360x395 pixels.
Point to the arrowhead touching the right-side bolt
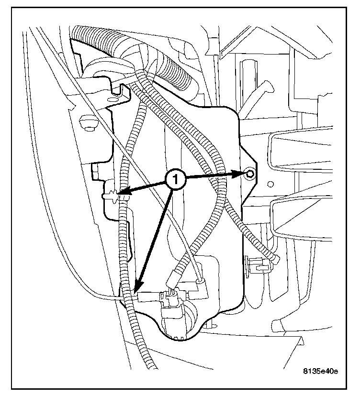click(239, 175)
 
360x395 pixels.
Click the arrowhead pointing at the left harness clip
click(123, 194)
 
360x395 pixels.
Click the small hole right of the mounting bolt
click(270, 183)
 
